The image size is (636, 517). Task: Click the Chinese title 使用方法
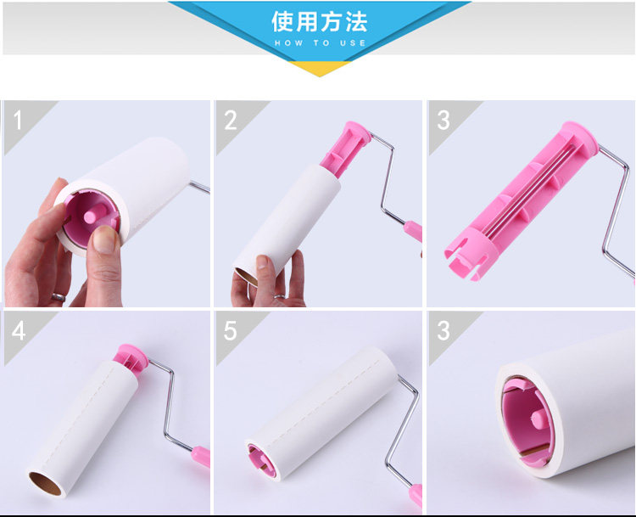[319, 21]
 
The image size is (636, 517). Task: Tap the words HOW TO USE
[320, 43]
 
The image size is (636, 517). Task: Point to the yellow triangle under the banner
[320, 69]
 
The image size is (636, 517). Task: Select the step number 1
[17, 121]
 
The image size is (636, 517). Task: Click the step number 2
[231, 121]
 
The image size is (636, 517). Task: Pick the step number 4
[19, 330]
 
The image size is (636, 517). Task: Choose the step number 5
[230, 330]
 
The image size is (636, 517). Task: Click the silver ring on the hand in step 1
[59, 297]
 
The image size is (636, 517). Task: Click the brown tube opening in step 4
[45, 484]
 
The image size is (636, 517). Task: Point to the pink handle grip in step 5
[416, 495]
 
